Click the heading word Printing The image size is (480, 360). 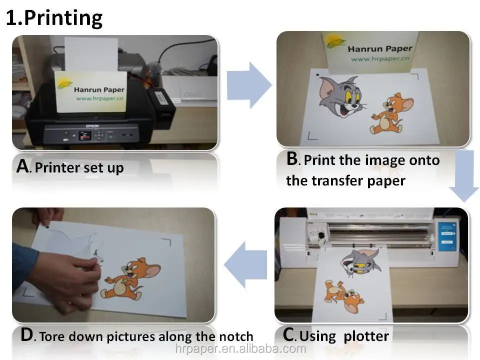pyautogui.click(x=63, y=18)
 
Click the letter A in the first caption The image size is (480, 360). pyautogui.click(x=23, y=166)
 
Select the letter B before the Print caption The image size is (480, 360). pyautogui.click(x=292, y=158)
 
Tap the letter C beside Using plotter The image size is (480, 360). pyautogui.click(x=288, y=334)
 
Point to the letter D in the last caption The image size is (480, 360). pyautogui.click(x=26, y=334)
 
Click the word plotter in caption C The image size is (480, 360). pyautogui.click(x=366, y=336)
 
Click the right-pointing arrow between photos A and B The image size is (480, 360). pyautogui.click(x=249, y=85)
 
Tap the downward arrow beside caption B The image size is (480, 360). pyautogui.click(x=463, y=175)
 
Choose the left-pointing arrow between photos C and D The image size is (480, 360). pyautogui.click(x=245, y=264)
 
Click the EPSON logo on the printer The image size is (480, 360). pyautogui.click(x=92, y=126)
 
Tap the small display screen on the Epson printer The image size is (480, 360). pyautogui.click(x=85, y=135)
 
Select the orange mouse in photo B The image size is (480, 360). pyautogui.click(x=391, y=113)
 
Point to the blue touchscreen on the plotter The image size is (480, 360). pyautogui.click(x=447, y=237)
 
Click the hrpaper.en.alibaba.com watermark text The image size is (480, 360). pyautogui.click(x=240, y=348)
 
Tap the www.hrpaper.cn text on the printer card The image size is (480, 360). pyautogui.click(x=99, y=98)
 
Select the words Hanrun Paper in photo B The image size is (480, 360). pyautogui.click(x=380, y=48)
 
